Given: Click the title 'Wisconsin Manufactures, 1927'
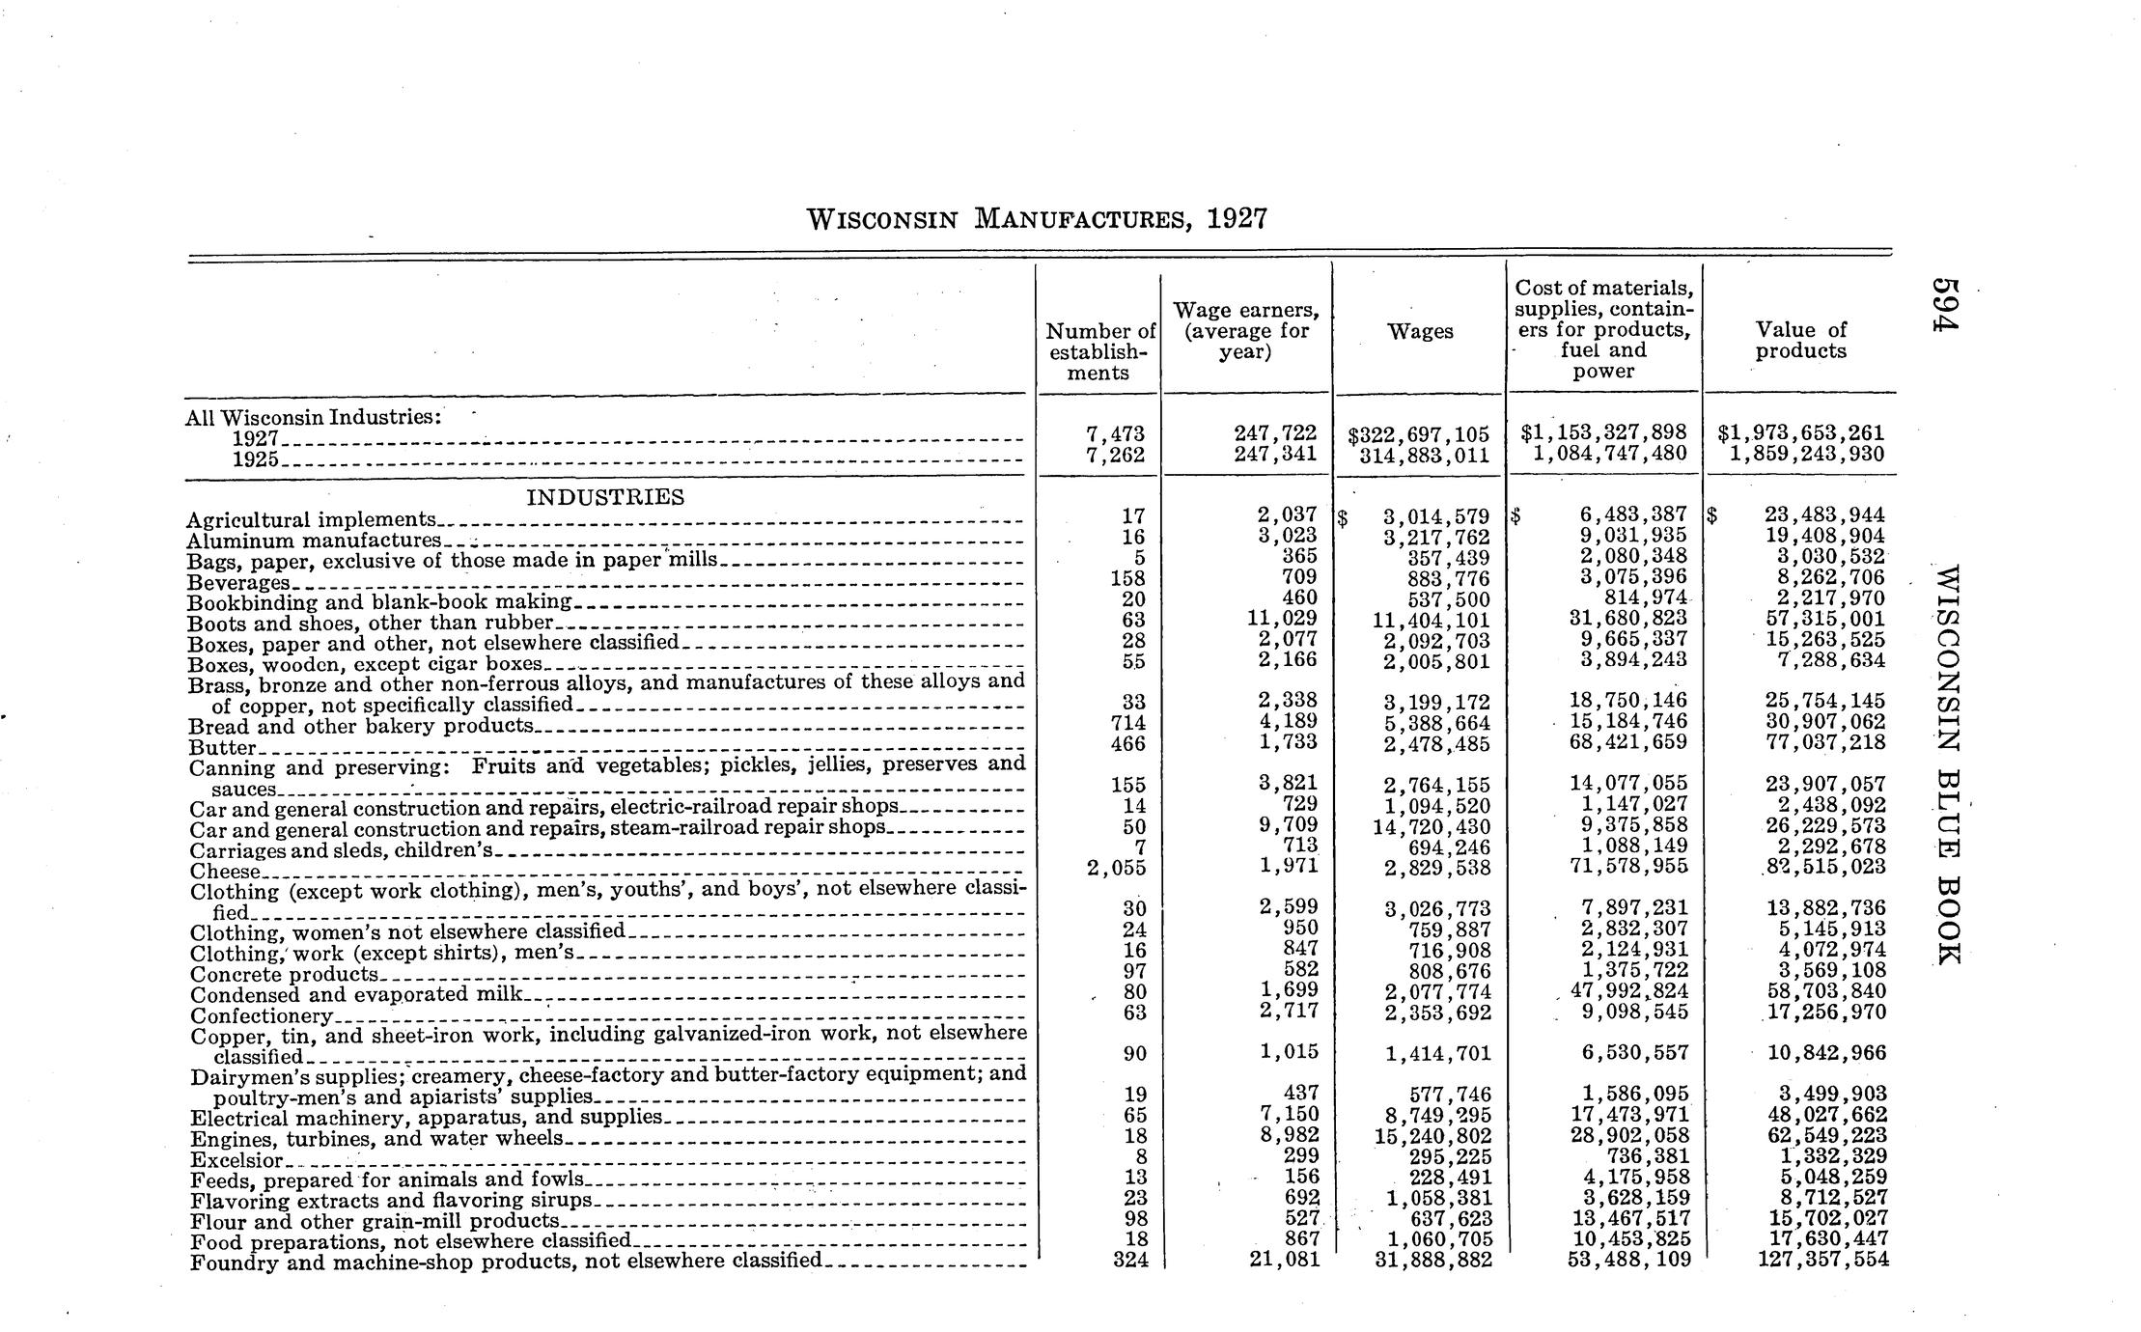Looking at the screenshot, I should [1036, 219].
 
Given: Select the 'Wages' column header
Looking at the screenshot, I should [1420, 331].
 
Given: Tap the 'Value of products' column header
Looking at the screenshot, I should [1800, 341].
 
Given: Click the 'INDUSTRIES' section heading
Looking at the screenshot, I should [604, 497].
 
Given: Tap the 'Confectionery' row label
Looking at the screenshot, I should [262, 1016].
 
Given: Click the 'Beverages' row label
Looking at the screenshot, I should [237, 583].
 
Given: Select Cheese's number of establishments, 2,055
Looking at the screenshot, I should [1116, 868].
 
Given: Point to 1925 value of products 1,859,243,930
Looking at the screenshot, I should [1806, 454].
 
